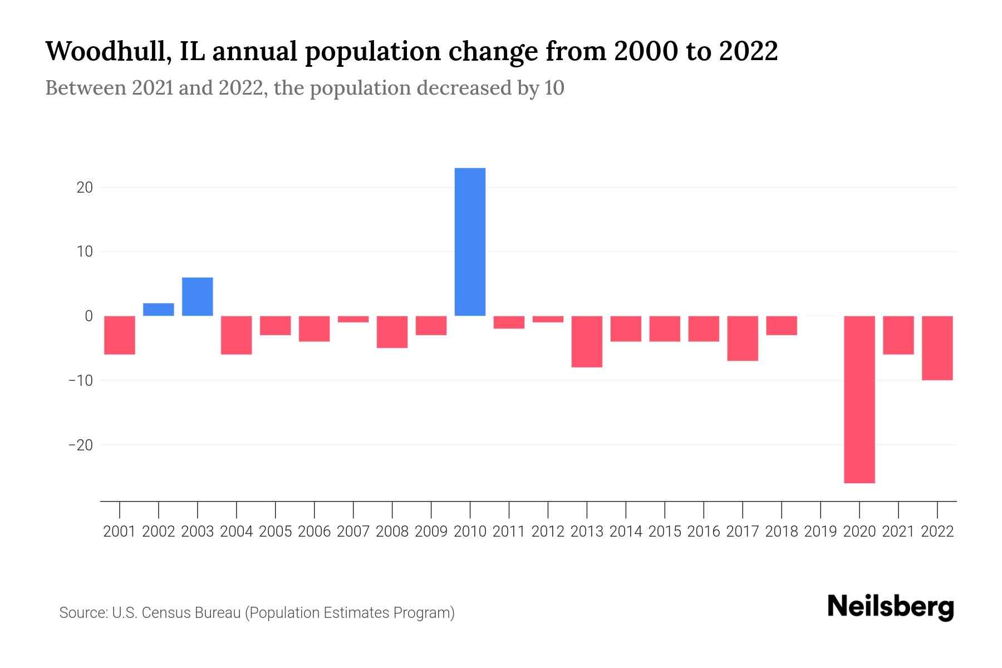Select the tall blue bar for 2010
(470, 242)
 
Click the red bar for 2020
(859, 399)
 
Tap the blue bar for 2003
(198, 296)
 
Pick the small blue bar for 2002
(159, 310)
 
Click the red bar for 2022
(937, 348)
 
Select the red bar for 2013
(587, 341)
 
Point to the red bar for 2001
(120, 335)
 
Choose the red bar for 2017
(743, 338)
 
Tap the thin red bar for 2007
(353, 319)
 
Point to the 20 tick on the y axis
(85, 188)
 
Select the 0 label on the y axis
(89, 316)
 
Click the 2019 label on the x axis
(821, 532)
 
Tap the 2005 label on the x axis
(276, 532)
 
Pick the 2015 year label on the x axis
(665, 532)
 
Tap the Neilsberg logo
(891, 607)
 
